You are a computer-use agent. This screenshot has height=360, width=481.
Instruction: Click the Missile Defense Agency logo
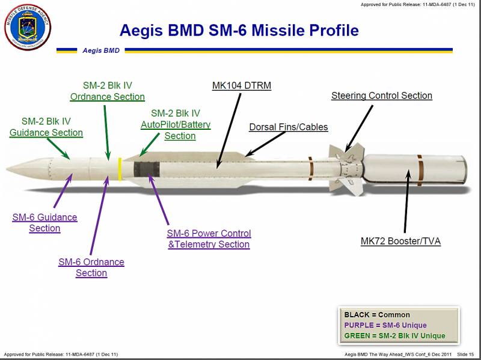[x=28, y=27]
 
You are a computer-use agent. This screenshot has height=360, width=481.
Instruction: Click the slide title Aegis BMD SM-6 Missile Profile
[x=239, y=31]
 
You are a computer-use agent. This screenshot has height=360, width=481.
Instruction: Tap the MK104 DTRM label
[x=242, y=85]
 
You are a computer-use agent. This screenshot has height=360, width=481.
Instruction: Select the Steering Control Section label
[x=382, y=96]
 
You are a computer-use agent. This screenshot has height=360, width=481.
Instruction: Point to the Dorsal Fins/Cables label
[x=289, y=127]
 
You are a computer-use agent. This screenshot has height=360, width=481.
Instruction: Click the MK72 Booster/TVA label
[x=400, y=241]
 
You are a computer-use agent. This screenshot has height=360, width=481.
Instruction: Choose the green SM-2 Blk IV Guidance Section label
[x=46, y=127]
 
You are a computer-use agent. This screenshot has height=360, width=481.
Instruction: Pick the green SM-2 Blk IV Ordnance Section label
[x=108, y=91]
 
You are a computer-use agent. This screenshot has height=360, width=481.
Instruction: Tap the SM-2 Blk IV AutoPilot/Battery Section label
[x=176, y=124]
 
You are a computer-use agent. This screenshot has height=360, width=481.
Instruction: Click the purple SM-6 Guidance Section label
[x=44, y=222]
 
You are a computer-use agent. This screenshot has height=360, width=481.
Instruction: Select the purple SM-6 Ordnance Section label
[x=91, y=267]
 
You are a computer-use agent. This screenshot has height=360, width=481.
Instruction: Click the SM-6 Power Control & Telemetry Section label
[x=209, y=239]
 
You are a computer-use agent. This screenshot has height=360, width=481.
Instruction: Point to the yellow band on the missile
[x=120, y=169]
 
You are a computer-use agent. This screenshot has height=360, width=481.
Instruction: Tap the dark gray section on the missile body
[x=147, y=169]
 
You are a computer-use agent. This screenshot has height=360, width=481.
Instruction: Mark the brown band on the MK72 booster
[x=420, y=170]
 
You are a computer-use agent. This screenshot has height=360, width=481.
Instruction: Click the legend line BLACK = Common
[x=377, y=315]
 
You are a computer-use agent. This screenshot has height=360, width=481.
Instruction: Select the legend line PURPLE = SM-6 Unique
[x=385, y=325]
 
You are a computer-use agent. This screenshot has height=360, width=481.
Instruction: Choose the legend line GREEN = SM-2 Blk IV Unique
[x=394, y=336]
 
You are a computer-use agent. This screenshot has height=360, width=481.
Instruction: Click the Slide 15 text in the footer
[x=465, y=355]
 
